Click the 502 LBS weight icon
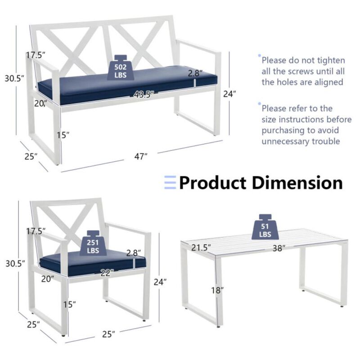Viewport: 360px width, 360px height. [121, 68]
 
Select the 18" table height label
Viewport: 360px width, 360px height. [217, 290]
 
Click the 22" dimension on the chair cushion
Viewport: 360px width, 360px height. [106, 272]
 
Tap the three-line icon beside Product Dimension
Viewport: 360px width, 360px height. [170, 183]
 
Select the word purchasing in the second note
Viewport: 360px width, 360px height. [283, 130]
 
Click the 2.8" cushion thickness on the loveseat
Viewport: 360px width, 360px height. [195, 72]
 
